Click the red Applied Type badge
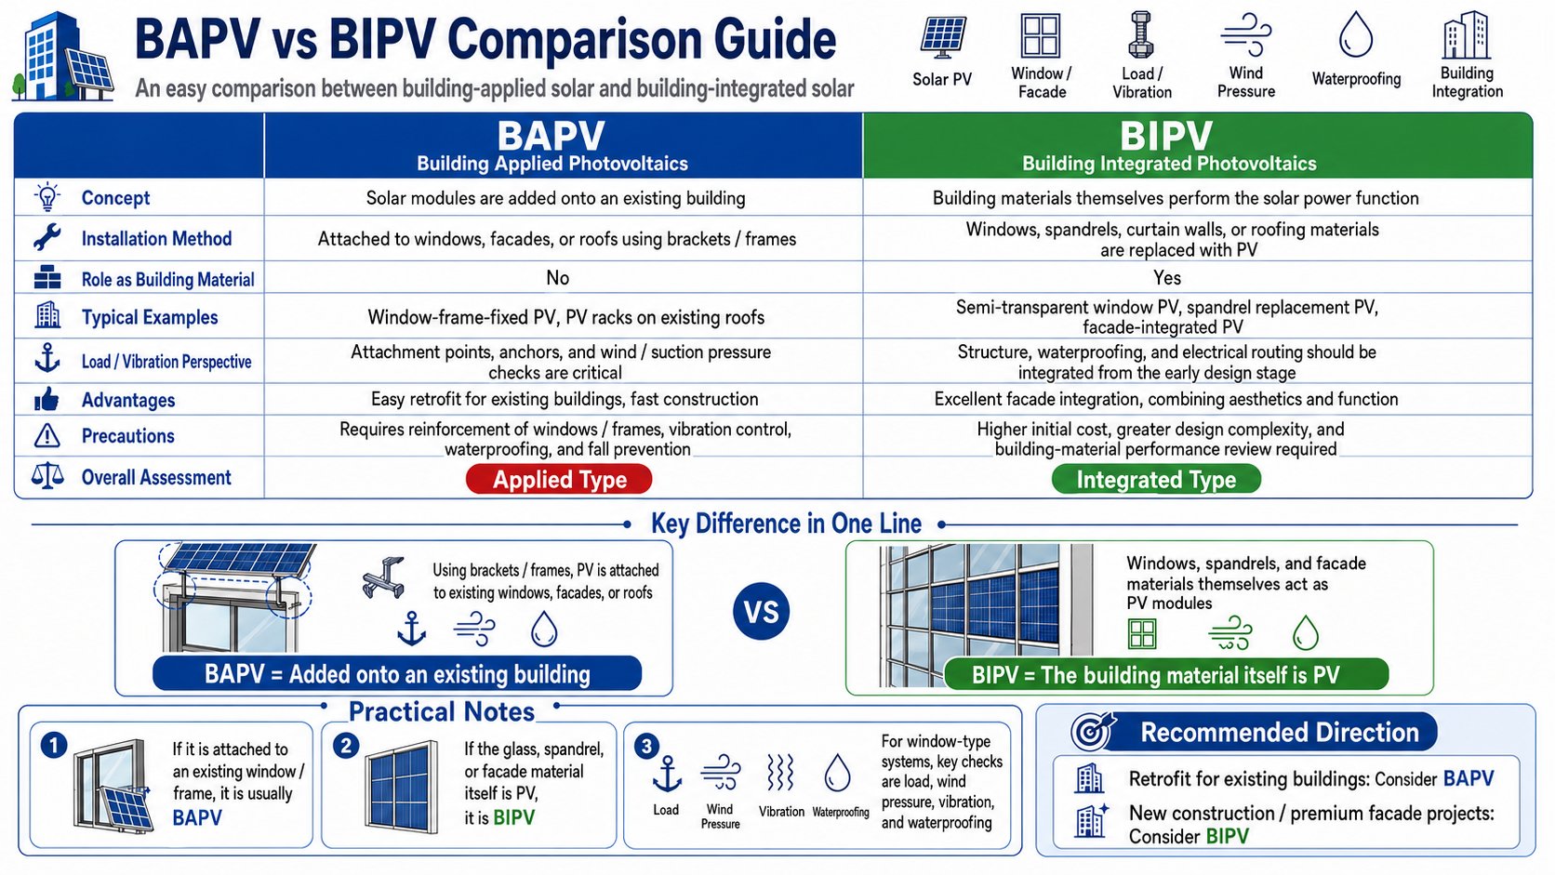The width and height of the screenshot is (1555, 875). [x=559, y=479]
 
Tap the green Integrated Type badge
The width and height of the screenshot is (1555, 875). [x=1156, y=479]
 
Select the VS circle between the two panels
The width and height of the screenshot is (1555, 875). [x=761, y=611]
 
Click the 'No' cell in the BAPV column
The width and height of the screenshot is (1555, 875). [x=557, y=277]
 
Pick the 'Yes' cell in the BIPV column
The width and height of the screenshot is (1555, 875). [x=1167, y=277]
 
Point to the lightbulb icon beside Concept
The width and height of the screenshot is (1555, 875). [x=47, y=197]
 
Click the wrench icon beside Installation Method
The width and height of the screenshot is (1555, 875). [x=47, y=238]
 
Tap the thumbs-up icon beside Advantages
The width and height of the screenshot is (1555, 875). [x=47, y=400]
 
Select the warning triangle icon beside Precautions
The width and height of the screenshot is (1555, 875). [x=47, y=436]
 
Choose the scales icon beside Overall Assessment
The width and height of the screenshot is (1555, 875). [x=47, y=477]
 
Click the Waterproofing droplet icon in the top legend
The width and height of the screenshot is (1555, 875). [x=1356, y=34]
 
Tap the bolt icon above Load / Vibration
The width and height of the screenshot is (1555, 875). [x=1140, y=34]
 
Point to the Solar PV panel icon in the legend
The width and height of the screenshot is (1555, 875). [x=943, y=37]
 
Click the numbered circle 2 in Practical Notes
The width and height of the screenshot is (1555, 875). [x=346, y=746]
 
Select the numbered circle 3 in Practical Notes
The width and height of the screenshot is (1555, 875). [x=646, y=746]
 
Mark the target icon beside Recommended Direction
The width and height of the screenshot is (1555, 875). [x=1092, y=731]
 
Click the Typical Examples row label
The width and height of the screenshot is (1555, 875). [x=150, y=317]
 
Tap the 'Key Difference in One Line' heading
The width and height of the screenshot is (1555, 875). [x=786, y=524]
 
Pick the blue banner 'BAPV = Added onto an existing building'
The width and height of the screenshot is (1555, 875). [x=397, y=674]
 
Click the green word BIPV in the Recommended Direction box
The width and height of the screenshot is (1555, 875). [x=1228, y=836]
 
